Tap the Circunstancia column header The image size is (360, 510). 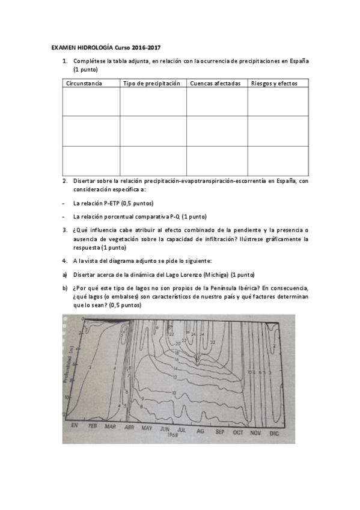[x=84, y=83]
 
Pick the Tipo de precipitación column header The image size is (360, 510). [x=151, y=83]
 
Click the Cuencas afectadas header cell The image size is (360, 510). [x=215, y=83]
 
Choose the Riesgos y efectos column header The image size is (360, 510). [x=273, y=83]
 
